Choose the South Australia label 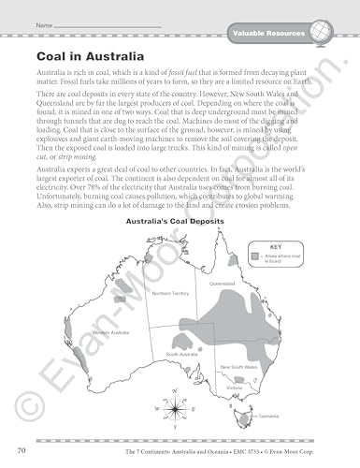[x=179, y=355]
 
